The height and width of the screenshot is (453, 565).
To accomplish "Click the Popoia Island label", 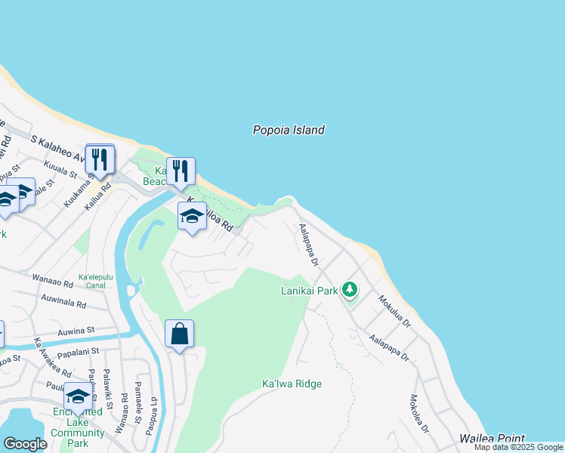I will coord(289,130).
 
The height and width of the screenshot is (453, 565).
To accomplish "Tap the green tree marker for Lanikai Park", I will coord(349,289).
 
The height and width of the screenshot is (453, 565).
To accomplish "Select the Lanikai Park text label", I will coord(309,290).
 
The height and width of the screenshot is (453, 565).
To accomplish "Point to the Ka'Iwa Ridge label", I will coord(292,384).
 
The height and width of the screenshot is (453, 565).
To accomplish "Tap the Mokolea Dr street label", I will coord(419,413).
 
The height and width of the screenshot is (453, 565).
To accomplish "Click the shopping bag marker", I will coord(179,334).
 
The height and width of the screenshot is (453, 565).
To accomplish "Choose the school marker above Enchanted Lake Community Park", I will coord(79,396).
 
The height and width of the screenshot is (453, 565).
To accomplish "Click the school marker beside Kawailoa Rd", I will coord(192,217).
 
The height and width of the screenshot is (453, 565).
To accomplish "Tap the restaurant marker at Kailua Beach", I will coord(181,171).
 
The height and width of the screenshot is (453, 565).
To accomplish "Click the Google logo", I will coord(25,444).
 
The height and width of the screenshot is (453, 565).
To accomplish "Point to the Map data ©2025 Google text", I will coord(518,448).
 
